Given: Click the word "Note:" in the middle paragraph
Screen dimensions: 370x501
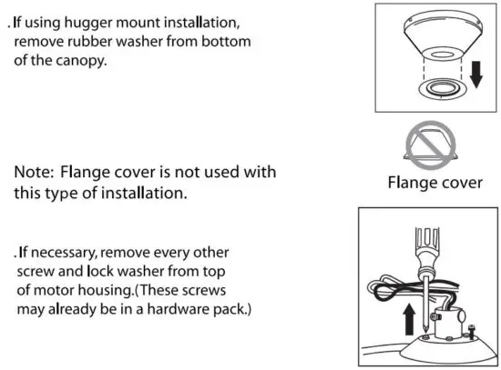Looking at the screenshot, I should pyautogui.click(x=36, y=171).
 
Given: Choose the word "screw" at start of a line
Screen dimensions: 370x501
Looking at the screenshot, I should pyautogui.click(x=36, y=272).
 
